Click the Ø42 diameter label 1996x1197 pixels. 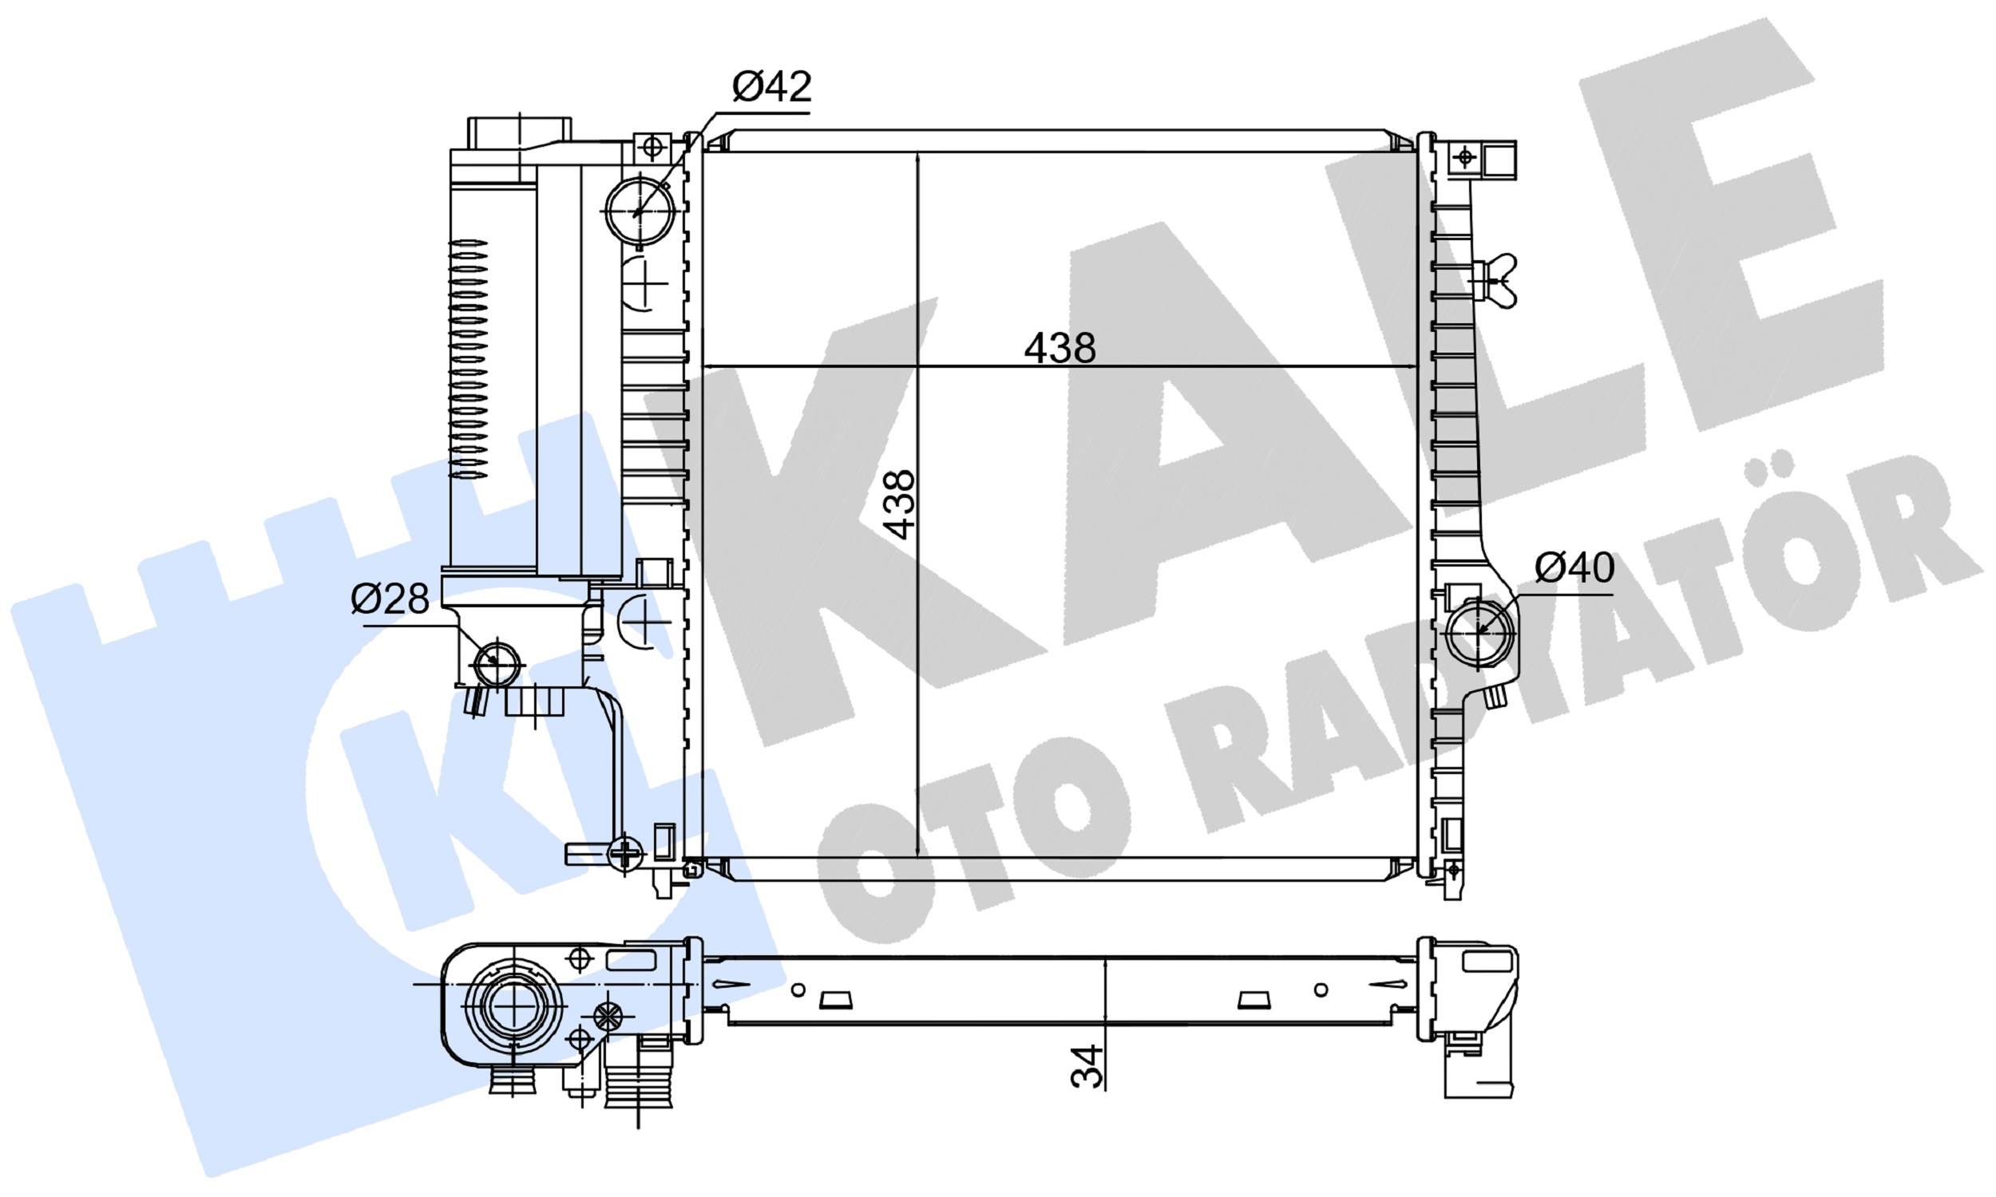point(771,86)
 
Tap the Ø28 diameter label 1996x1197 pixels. point(390,599)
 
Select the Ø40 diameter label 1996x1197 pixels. point(1574,568)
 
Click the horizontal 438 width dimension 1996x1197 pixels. point(1059,349)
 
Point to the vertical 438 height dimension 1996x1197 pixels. point(898,504)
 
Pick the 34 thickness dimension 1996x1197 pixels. point(1086,1066)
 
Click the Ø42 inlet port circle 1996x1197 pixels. point(640,210)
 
